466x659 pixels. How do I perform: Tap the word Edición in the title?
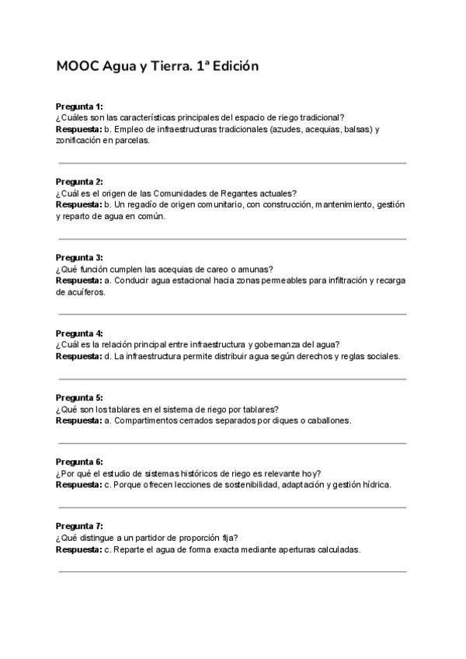point(231,67)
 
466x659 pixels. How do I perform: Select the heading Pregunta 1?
point(79,106)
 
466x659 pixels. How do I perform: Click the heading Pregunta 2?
point(79,182)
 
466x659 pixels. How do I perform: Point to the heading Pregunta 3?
point(79,257)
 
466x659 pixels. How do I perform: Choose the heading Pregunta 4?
point(79,333)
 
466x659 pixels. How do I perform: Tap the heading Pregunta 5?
point(79,397)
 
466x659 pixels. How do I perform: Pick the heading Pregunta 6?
point(79,462)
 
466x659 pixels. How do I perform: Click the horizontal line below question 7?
point(233,571)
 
